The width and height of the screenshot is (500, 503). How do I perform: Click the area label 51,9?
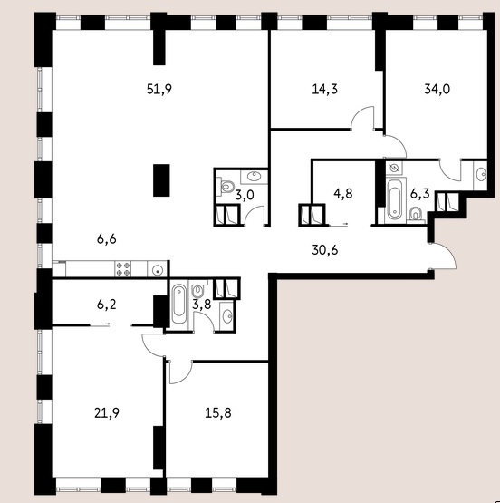[x=159, y=89]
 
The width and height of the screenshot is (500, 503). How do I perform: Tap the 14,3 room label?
[x=324, y=89]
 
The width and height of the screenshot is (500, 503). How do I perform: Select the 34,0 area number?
[x=437, y=89]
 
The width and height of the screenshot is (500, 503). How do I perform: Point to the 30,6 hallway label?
[x=324, y=250]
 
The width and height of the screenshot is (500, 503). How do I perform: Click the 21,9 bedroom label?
[x=107, y=413]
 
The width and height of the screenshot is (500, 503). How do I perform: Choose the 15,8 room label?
[x=218, y=413]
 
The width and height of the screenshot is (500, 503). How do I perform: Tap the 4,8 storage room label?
[x=343, y=194]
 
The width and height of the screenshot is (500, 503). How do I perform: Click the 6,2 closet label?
[x=106, y=305]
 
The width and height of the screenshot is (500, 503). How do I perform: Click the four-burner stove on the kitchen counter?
[x=123, y=269]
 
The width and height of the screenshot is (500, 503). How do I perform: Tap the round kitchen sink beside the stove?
[x=157, y=269]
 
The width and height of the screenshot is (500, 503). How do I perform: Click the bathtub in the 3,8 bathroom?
[x=178, y=305]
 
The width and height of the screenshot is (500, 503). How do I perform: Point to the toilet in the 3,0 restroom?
[x=227, y=187]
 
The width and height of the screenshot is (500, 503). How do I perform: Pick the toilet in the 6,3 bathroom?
[x=417, y=214]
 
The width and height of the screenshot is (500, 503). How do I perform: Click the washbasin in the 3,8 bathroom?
[x=227, y=316]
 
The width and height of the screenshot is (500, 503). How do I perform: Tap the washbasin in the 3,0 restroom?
[x=255, y=176]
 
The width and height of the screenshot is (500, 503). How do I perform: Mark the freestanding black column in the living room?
[x=161, y=180]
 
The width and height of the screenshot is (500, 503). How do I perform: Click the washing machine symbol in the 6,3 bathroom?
[x=394, y=168]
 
